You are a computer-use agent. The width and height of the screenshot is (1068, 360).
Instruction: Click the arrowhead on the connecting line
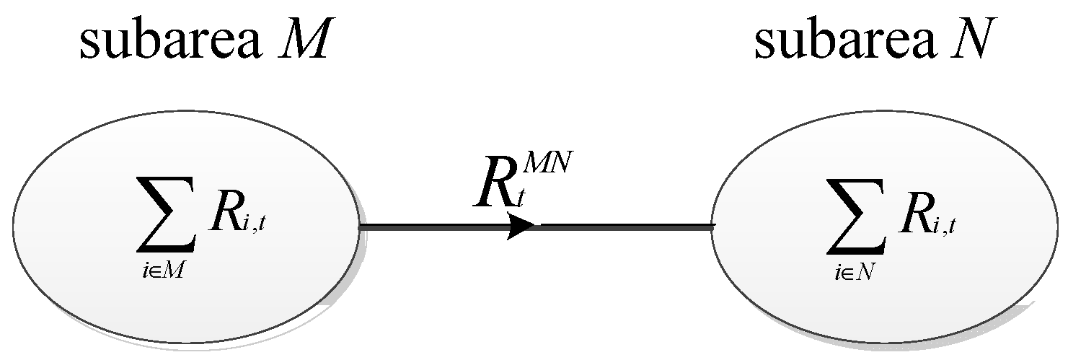[521, 227]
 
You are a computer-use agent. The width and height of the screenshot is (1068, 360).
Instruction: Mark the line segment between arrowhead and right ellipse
[624, 227]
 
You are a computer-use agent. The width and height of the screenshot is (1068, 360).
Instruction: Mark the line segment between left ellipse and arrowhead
[433, 227]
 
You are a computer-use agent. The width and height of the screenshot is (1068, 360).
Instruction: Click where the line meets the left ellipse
[360, 227]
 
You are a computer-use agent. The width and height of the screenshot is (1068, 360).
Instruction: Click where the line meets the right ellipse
[712, 227]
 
